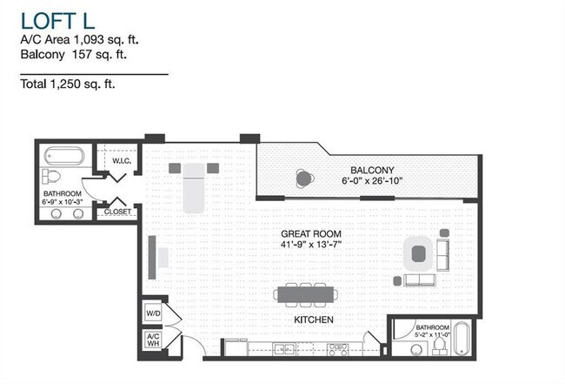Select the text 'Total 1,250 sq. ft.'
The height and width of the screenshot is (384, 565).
click(x=67, y=84)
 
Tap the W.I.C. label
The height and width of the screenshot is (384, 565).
click(x=121, y=160)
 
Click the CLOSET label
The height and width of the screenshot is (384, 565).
click(x=117, y=212)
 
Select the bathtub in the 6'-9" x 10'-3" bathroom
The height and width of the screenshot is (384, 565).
click(x=63, y=158)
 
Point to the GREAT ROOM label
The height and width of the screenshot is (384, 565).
click(x=310, y=234)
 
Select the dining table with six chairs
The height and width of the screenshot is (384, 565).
click(x=302, y=294)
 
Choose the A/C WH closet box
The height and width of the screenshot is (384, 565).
click(x=151, y=341)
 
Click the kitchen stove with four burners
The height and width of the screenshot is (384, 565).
click(x=337, y=349)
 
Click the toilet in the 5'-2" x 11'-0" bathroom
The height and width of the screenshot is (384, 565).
click(x=439, y=347)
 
